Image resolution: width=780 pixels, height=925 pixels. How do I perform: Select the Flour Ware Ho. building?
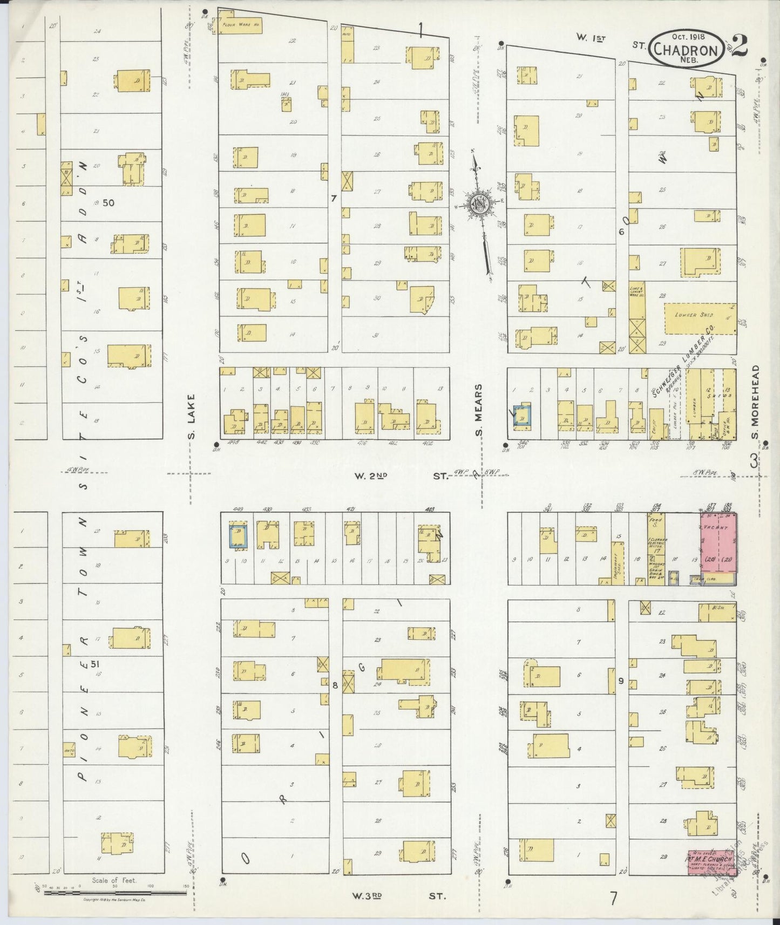pyautogui.click(x=240, y=25)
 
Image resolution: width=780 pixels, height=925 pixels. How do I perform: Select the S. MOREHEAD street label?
pyautogui.click(x=756, y=402)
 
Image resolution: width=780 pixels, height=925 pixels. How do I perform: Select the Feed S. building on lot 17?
pyautogui.click(x=656, y=548)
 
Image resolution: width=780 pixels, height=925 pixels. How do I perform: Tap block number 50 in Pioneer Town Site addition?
pyautogui.click(x=108, y=202)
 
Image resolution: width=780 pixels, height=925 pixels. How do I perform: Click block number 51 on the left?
pyautogui.click(x=96, y=664)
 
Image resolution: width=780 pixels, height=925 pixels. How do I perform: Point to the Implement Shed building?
pyautogui.click(x=619, y=564)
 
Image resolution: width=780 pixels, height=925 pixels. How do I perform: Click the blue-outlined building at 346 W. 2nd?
pyautogui.click(x=522, y=416)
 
